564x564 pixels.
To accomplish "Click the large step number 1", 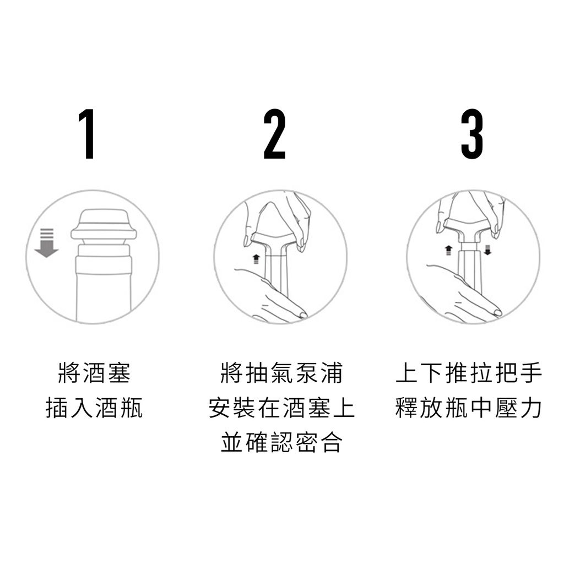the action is tap(87, 134).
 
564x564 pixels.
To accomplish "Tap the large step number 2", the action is tap(274, 134).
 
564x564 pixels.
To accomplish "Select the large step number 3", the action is tap(472, 134).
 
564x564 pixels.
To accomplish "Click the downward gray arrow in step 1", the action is tap(46, 243).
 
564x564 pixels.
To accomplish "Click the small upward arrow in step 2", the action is tap(256, 259).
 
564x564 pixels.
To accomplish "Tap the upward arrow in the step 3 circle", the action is tap(448, 250).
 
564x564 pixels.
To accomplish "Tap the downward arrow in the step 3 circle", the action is tap(488, 250).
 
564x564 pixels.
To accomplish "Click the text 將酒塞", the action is tap(94, 373).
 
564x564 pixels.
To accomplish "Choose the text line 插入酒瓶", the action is tap(94, 408).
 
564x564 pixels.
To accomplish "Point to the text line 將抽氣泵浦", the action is tap(281, 373).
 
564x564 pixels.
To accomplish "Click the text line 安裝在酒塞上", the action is tap(281, 408).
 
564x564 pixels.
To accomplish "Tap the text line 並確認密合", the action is tap(281, 442).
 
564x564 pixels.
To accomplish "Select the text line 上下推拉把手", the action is tap(469, 373).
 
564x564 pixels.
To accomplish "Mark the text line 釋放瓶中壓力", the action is tap(469, 408).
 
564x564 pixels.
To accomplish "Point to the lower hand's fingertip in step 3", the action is tap(497, 313).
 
